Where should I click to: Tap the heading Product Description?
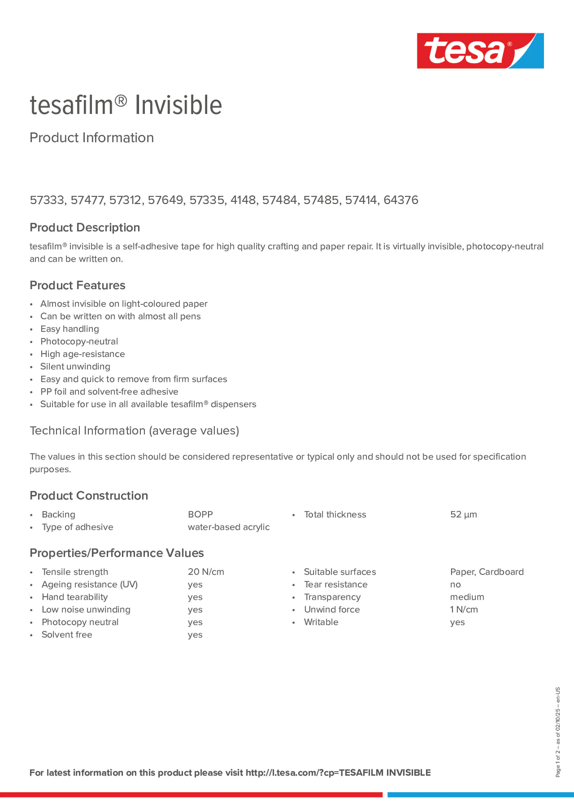point(85,227)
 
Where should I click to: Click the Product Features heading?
point(78,285)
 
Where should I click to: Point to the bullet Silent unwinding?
point(75,366)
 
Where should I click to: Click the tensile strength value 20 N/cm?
point(206,572)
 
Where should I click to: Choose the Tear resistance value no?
point(455,585)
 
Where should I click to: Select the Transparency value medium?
point(467,597)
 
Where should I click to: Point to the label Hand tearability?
point(75,597)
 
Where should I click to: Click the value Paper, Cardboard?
point(487,572)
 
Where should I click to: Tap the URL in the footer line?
point(338,772)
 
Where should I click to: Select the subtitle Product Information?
point(92,138)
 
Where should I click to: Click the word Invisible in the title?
point(178,105)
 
